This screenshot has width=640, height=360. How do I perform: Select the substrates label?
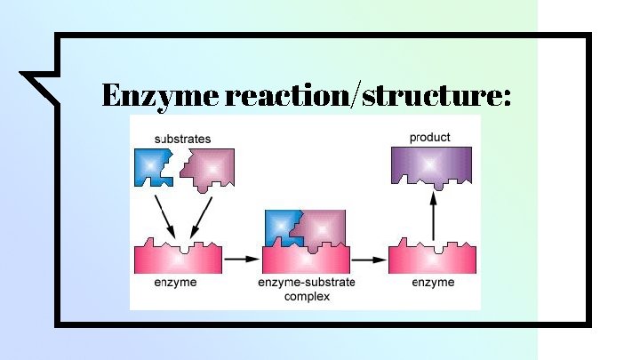tap(182, 139)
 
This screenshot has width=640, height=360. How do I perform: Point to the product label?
tap(429, 137)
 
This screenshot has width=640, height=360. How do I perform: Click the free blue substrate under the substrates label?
tap(154, 166)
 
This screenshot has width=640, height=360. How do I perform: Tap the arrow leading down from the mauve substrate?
tap(200, 216)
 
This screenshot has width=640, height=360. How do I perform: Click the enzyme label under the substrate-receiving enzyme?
tap(174, 283)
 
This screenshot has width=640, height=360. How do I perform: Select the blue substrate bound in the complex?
tap(282, 228)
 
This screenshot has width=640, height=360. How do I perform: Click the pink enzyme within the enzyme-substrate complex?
tap(305, 260)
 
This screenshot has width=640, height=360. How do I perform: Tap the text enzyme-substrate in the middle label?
tap(306, 283)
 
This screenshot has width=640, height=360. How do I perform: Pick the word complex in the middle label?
tap(306, 296)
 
